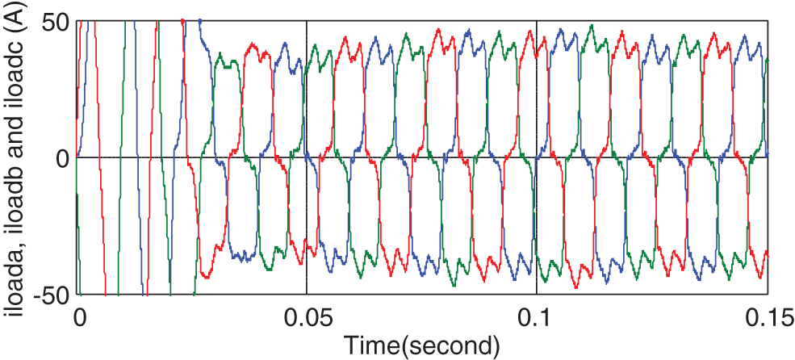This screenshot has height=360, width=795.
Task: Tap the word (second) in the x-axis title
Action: [451, 345]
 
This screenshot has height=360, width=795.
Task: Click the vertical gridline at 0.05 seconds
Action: [307, 89]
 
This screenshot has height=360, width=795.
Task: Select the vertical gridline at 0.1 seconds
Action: [537, 89]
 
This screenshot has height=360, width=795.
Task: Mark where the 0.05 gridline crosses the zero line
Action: [307, 157]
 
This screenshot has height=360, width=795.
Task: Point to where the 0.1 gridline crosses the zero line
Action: [537, 157]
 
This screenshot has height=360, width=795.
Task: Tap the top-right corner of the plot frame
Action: [767, 20]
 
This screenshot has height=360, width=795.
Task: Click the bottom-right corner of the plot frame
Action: [767, 293]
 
